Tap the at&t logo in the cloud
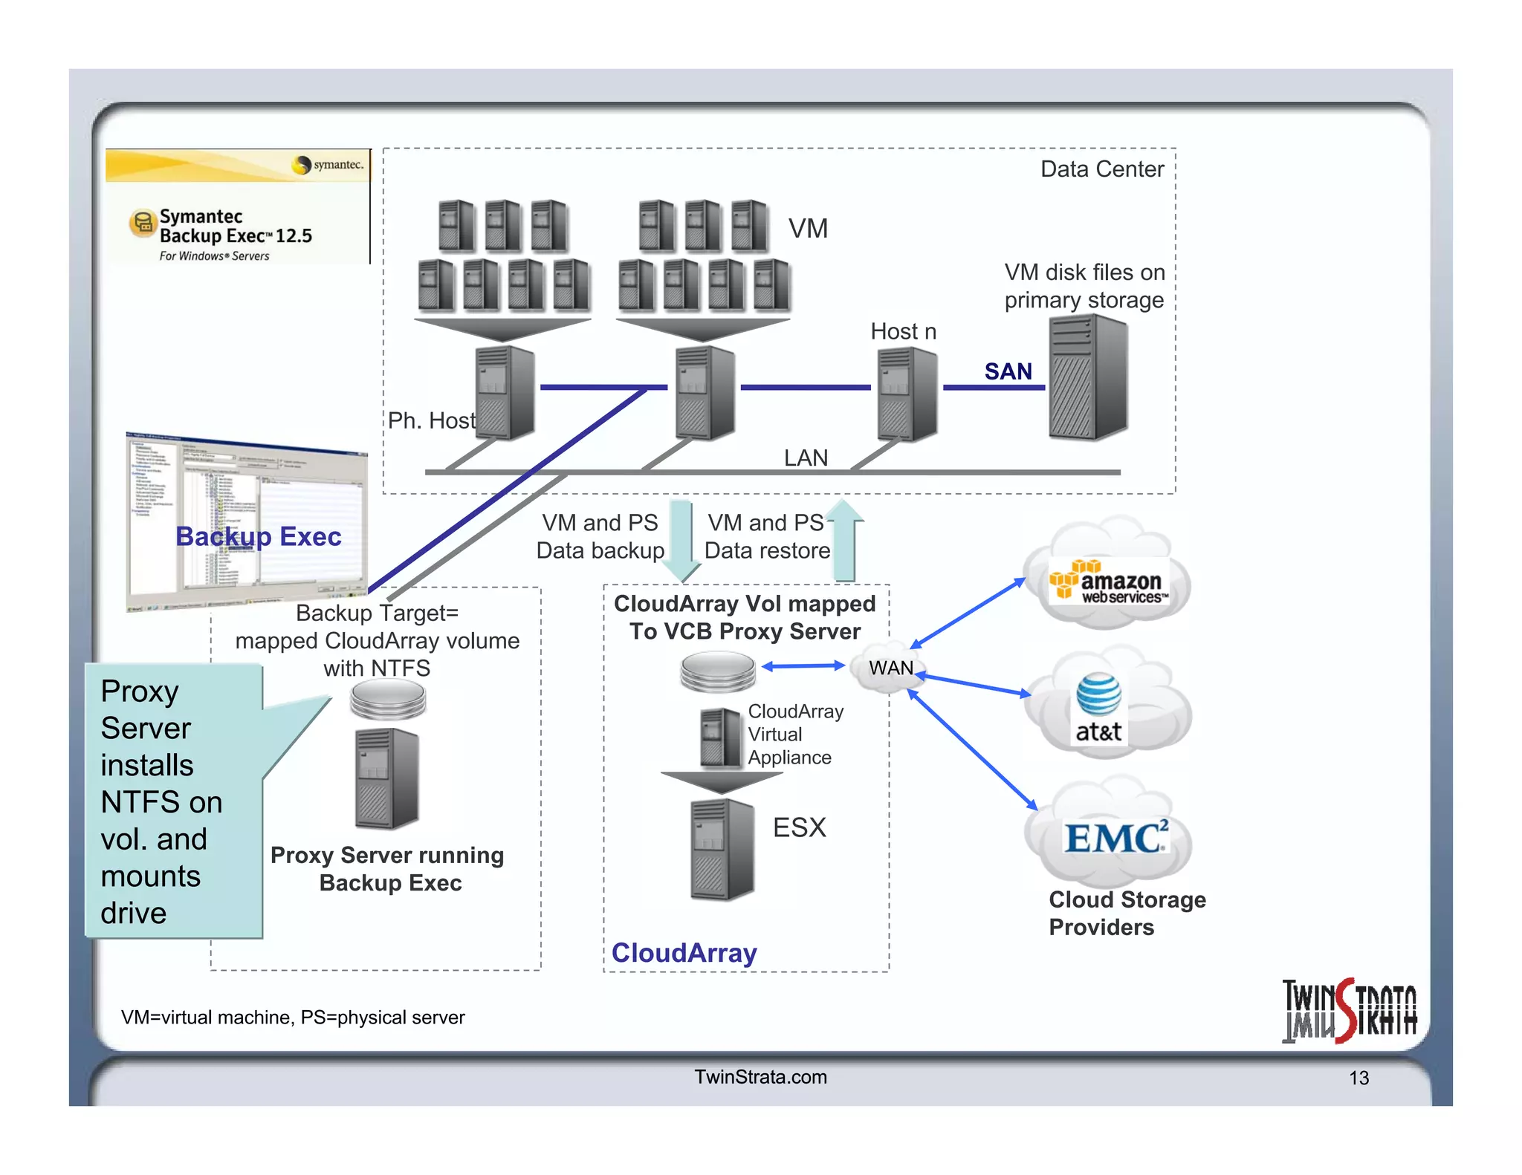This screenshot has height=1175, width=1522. pos(1098,709)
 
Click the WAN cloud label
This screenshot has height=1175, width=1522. pos(891,668)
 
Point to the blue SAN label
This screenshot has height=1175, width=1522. pos(1008,371)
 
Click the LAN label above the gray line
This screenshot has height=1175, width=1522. pos(806,458)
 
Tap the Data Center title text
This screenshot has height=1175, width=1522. pos(1101,169)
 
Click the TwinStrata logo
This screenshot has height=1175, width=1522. pos(1349,1011)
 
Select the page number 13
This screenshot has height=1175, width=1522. pos(1359,1078)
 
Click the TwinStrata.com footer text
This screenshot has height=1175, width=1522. pos(760,1077)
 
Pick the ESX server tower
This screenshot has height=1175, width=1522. pos(722,850)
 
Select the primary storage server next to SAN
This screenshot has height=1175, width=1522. pos(1087,377)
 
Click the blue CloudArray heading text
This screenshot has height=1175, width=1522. pos(684,952)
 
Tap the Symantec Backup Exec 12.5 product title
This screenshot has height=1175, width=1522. pos(236,226)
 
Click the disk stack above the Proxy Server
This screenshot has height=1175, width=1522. pos(387,700)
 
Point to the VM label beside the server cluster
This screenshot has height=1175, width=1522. pos(808,228)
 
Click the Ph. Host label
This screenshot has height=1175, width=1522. pos(431,420)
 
